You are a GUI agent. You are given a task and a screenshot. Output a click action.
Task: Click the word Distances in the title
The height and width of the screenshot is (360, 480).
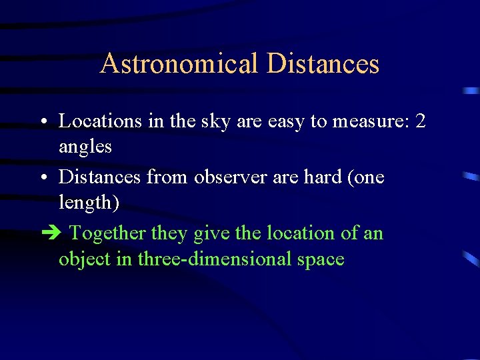(x=323, y=64)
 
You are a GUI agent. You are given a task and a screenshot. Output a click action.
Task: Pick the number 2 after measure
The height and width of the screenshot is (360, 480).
(x=420, y=121)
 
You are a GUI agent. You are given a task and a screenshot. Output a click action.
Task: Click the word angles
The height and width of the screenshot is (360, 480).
(x=85, y=147)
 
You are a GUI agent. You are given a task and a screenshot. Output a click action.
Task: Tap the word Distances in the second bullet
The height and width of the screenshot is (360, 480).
(x=99, y=177)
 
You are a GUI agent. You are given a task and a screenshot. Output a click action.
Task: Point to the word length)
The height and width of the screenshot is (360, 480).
(x=89, y=202)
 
